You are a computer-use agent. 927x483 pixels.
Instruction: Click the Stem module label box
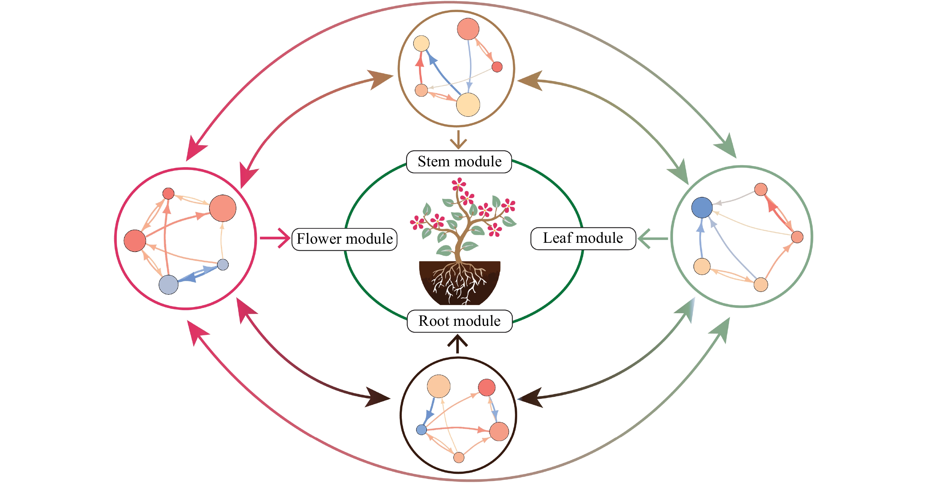pos(459,162)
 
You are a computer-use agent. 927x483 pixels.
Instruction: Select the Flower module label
pos(344,239)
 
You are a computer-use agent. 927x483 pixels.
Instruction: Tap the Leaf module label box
pos(583,239)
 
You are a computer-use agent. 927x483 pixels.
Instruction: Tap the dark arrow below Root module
pos(458,344)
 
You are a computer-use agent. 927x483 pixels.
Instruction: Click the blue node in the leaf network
pos(702,207)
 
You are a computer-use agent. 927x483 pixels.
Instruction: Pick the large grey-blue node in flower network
pos(168,285)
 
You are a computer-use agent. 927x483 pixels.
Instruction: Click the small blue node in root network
pos(421,429)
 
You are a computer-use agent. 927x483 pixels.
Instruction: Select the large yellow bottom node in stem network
pos(468,105)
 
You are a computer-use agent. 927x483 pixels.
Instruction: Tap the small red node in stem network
pos(497,67)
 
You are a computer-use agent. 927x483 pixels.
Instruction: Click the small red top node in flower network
pos(168,193)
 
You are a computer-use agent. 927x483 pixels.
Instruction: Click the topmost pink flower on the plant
pos(458,184)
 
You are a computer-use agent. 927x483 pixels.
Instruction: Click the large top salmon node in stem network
pos(468,29)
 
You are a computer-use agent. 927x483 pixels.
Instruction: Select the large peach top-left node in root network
pos(438,386)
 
